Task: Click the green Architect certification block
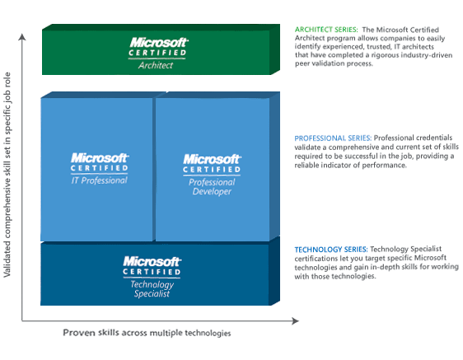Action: tap(161, 49)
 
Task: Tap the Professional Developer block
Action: tap(213, 169)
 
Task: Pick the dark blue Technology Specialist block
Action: tap(156, 274)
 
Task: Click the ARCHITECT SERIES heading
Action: tap(326, 30)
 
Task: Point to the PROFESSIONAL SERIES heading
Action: tap(333, 138)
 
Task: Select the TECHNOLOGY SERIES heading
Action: tap(331, 250)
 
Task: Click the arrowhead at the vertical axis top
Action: tap(22, 36)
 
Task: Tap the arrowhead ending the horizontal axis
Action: tap(295, 320)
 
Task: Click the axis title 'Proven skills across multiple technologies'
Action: tap(147, 333)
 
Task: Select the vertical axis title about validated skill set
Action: tap(7, 175)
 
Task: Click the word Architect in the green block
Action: tap(156, 65)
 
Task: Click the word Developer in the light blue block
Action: tap(212, 192)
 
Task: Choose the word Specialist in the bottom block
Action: tap(152, 293)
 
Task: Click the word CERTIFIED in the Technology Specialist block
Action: tap(152, 272)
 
